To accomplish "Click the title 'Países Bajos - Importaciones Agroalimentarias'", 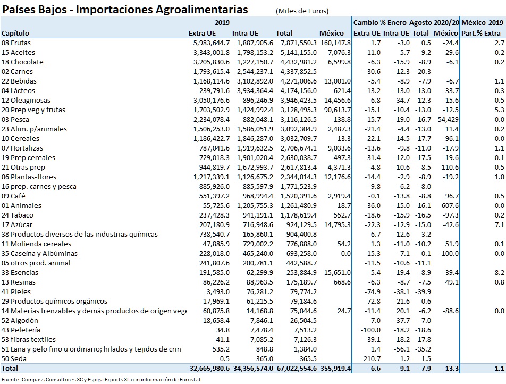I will click(x=125, y=10).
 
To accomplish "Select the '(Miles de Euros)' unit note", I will click(x=301, y=11).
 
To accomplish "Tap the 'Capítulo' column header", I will click(x=15, y=33).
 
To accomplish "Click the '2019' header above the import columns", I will click(x=222, y=23).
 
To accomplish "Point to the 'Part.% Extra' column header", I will click(x=483, y=33).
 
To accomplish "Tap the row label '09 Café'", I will click(x=14, y=196).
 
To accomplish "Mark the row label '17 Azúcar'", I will click(x=18, y=224).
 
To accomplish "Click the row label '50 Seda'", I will click(x=15, y=358).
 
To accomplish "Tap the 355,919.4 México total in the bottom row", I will click(x=335, y=368).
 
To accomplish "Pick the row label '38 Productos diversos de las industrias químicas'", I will click(x=80, y=234).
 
